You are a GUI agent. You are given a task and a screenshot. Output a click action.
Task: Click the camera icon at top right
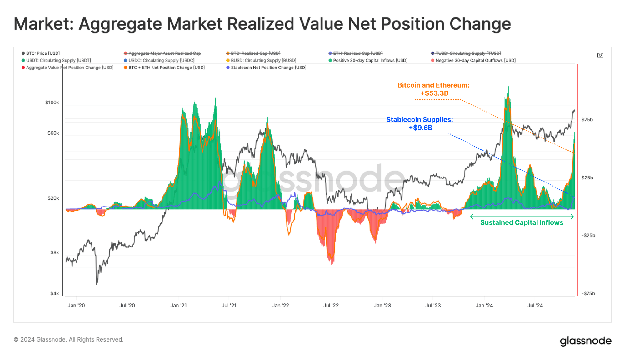pos(600,55)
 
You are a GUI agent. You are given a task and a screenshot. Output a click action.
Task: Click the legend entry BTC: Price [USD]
pos(42,53)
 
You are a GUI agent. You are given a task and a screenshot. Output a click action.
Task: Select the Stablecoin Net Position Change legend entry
pos(268,67)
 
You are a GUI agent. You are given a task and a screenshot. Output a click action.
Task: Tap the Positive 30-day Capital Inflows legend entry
pos(370,60)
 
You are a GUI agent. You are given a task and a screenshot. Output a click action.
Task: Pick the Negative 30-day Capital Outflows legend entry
pos(475,60)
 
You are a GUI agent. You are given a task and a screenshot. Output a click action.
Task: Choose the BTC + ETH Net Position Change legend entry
pos(166,67)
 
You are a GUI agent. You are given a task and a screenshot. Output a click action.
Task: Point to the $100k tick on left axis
pos(52,102)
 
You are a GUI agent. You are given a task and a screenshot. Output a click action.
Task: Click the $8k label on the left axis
pos(55,252)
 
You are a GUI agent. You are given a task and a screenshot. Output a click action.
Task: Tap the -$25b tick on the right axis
pos(588,235)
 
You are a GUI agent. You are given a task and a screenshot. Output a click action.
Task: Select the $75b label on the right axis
pos(587,120)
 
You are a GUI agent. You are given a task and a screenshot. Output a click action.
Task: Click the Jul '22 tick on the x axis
pos(331,305)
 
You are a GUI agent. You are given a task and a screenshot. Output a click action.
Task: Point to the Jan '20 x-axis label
pos(76,305)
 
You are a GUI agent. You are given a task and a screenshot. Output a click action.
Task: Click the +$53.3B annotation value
pos(434,93)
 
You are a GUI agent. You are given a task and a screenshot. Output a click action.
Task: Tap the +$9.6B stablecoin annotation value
pos(420,127)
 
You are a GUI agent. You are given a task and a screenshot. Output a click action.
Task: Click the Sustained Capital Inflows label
pos(522,222)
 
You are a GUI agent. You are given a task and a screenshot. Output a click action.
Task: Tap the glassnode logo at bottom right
pos(585,341)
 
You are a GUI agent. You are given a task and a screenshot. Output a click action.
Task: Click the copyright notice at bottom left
pos(68,339)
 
